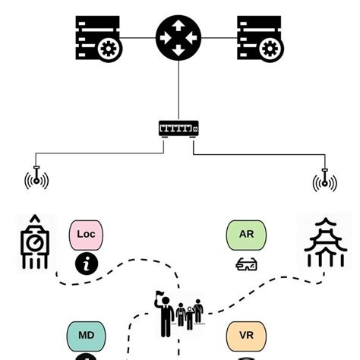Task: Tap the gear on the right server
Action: pos(271,50)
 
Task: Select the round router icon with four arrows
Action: pos(179,36)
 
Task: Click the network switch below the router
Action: pos(179,129)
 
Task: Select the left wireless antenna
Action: pos(36,179)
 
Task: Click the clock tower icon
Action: pos(34,242)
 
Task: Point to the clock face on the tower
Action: pos(34,243)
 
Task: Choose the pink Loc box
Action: pos(87,235)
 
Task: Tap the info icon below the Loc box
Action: pos(87,264)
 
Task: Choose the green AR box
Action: pos(247,235)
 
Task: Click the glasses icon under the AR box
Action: pos(247,265)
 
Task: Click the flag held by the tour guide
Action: pos(160,293)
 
